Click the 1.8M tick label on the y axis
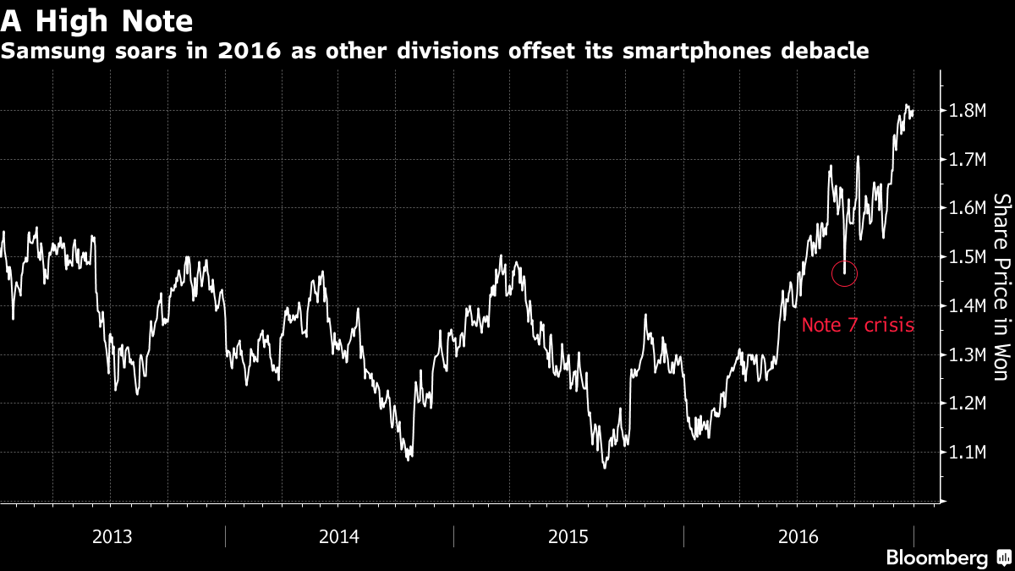pyautogui.click(x=966, y=111)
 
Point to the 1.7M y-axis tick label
pyautogui.click(x=966, y=160)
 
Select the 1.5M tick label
pyautogui.click(x=966, y=257)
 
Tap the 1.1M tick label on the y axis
pyautogui.click(x=966, y=453)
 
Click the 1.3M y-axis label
pyautogui.click(x=966, y=355)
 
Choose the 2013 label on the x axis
pyautogui.click(x=112, y=536)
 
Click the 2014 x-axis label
pyautogui.click(x=339, y=536)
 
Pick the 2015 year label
pyautogui.click(x=568, y=536)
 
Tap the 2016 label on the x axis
pyautogui.click(x=798, y=536)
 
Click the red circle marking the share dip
pyautogui.click(x=845, y=273)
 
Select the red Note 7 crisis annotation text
pyautogui.click(x=858, y=325)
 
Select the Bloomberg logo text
pyautogui.click(x=936, y=558)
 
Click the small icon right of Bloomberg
pyautogui.click(x=1002, y=558)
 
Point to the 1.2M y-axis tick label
pyautogui.click(x=966, y=404)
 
